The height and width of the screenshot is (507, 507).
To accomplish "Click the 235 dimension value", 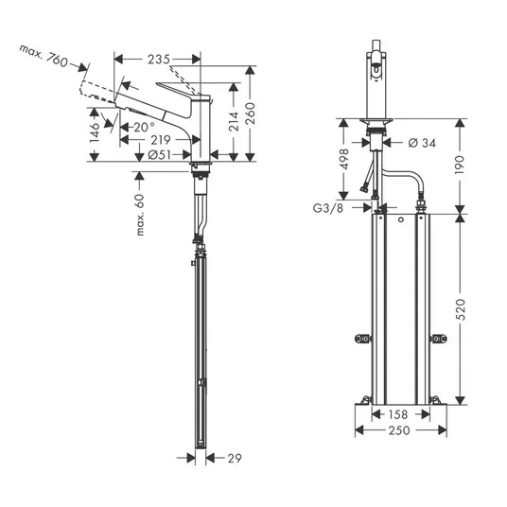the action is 159,60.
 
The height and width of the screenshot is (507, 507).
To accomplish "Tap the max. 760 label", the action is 44,56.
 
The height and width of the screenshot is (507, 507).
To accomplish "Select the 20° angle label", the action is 144,127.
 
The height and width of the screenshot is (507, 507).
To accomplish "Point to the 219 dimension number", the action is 161,140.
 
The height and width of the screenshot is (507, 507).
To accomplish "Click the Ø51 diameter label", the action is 159,155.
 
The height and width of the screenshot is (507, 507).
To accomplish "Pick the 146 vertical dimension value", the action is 95,132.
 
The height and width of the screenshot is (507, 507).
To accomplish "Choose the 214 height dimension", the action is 234,121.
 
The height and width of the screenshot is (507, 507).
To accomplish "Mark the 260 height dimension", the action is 250,114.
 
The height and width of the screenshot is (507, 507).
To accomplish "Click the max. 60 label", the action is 140,215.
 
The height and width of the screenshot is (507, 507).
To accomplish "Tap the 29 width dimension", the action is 235,458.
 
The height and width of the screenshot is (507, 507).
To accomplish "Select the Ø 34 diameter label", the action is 422,143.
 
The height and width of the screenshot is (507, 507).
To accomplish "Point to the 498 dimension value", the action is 344,159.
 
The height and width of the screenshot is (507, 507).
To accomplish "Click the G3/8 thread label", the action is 328,208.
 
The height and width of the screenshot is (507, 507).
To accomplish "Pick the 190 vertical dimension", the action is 460,165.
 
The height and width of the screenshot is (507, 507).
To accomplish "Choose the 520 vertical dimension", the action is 461,309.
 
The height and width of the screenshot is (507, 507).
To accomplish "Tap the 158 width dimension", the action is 397,414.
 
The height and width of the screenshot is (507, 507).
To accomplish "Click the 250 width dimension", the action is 399,430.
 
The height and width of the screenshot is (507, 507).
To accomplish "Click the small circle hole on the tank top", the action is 401,219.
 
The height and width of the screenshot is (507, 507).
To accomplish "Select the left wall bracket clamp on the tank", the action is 362,339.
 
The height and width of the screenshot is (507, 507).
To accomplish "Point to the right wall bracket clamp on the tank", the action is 439,339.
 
